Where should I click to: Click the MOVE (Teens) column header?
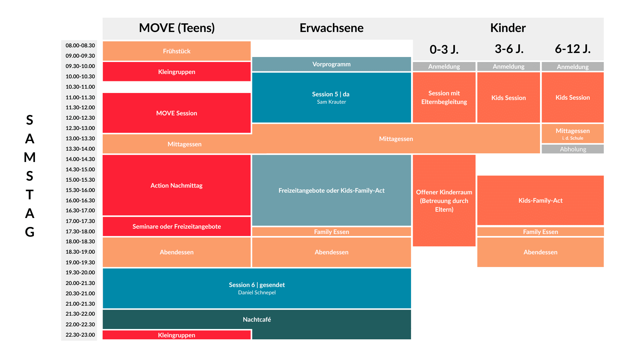177,28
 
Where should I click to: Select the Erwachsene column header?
331,28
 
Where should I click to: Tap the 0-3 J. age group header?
444,49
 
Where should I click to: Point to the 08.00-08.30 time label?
80,45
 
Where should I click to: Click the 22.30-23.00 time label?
80,335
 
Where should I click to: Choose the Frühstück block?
177,51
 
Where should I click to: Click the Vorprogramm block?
331,64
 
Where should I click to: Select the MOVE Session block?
177,113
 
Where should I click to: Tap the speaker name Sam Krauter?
331,102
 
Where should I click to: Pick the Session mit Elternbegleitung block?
444,97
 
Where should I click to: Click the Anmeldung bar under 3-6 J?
508,66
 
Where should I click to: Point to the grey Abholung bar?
573,149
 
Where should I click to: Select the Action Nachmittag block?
177,185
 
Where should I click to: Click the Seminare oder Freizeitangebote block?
177,227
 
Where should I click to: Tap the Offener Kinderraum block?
444,201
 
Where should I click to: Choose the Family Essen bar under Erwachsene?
331,232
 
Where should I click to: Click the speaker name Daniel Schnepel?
257,293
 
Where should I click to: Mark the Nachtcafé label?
257,319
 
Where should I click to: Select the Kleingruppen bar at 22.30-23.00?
177,335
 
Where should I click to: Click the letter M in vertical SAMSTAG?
30,157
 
